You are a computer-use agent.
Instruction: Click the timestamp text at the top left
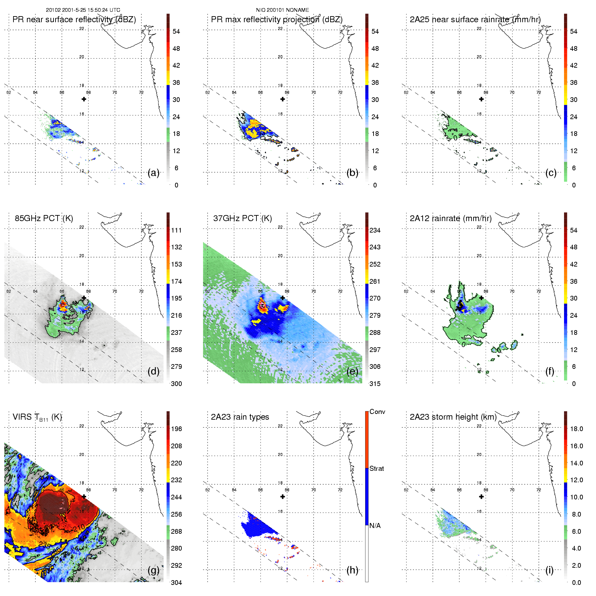tap(83, 10)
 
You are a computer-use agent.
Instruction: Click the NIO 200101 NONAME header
tap(282, 10)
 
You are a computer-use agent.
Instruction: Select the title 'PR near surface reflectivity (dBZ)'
tap(74, 20)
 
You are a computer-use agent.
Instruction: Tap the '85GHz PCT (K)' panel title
tap(44, 218)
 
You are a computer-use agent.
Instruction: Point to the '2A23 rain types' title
tap(240, 417)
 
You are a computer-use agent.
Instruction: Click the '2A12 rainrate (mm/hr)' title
tap(450, 218)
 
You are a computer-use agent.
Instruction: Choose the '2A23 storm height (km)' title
tap(453, 417)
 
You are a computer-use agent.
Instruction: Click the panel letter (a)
tap(153, 173)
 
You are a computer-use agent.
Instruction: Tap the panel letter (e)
tap(352, 371)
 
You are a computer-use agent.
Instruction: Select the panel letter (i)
tap(549, 570)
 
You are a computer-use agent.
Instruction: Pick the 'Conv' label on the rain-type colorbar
tap(377, 412)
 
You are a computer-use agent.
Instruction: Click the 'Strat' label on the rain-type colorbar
tap(377, 468)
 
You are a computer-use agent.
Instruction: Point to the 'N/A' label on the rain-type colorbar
tap(375, 526)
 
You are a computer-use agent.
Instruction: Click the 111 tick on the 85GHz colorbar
tap(176, 230)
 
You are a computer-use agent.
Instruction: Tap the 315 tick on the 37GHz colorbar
tap(375, 384)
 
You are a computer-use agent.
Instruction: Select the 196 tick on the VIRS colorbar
tap(176, 429)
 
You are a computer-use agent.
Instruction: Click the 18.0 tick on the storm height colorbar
tap(576, 429)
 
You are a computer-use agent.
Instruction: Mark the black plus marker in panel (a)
tap(84, 99)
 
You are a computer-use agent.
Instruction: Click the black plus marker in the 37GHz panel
tap(283, 298)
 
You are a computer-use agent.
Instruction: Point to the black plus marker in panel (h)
tap(283, 497)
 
